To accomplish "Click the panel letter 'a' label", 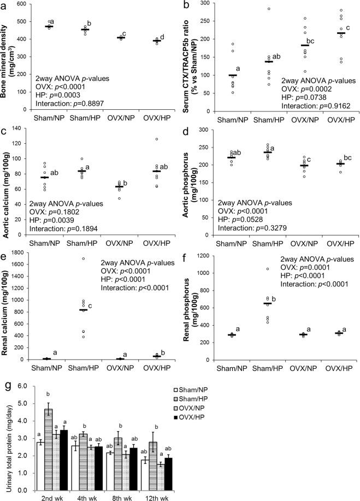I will click(4, 5).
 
